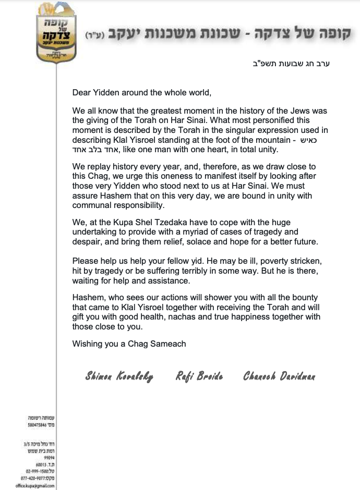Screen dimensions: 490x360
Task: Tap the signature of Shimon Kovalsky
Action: (x=119, y=376)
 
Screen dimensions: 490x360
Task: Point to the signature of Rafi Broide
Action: (x=199, y=376)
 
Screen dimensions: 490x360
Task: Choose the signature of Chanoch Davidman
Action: (x=279, y=376)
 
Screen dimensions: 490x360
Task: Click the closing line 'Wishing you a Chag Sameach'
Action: (x=129, y=344)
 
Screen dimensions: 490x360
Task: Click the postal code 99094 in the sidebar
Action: (x=49, y=457)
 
